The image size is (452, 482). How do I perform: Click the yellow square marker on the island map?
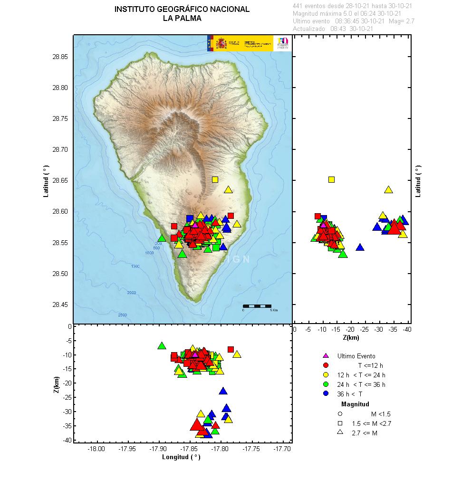point(215,180)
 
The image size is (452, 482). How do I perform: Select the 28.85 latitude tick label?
point(60,57)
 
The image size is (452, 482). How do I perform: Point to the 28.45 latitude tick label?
point(60,305)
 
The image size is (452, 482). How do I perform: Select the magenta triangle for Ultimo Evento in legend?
point(326,355)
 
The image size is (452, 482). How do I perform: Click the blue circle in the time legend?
point(326,393)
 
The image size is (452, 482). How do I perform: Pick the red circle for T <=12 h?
point(326,365)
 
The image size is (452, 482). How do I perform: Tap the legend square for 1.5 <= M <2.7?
point(340,423)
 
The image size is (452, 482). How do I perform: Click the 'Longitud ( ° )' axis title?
point(181,457)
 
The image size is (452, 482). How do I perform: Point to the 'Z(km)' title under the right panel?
point(351,338)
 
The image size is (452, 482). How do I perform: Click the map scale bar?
point(257,306)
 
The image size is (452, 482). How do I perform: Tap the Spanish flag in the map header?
point(210,43)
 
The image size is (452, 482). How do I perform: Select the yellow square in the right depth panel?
point(331,180)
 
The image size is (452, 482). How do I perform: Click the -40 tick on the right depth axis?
point(407,329)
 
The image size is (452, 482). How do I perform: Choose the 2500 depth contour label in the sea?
point(122,315)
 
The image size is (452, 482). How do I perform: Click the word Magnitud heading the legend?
point(355,404)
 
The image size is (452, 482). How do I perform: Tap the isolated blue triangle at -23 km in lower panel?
point(223,391)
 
